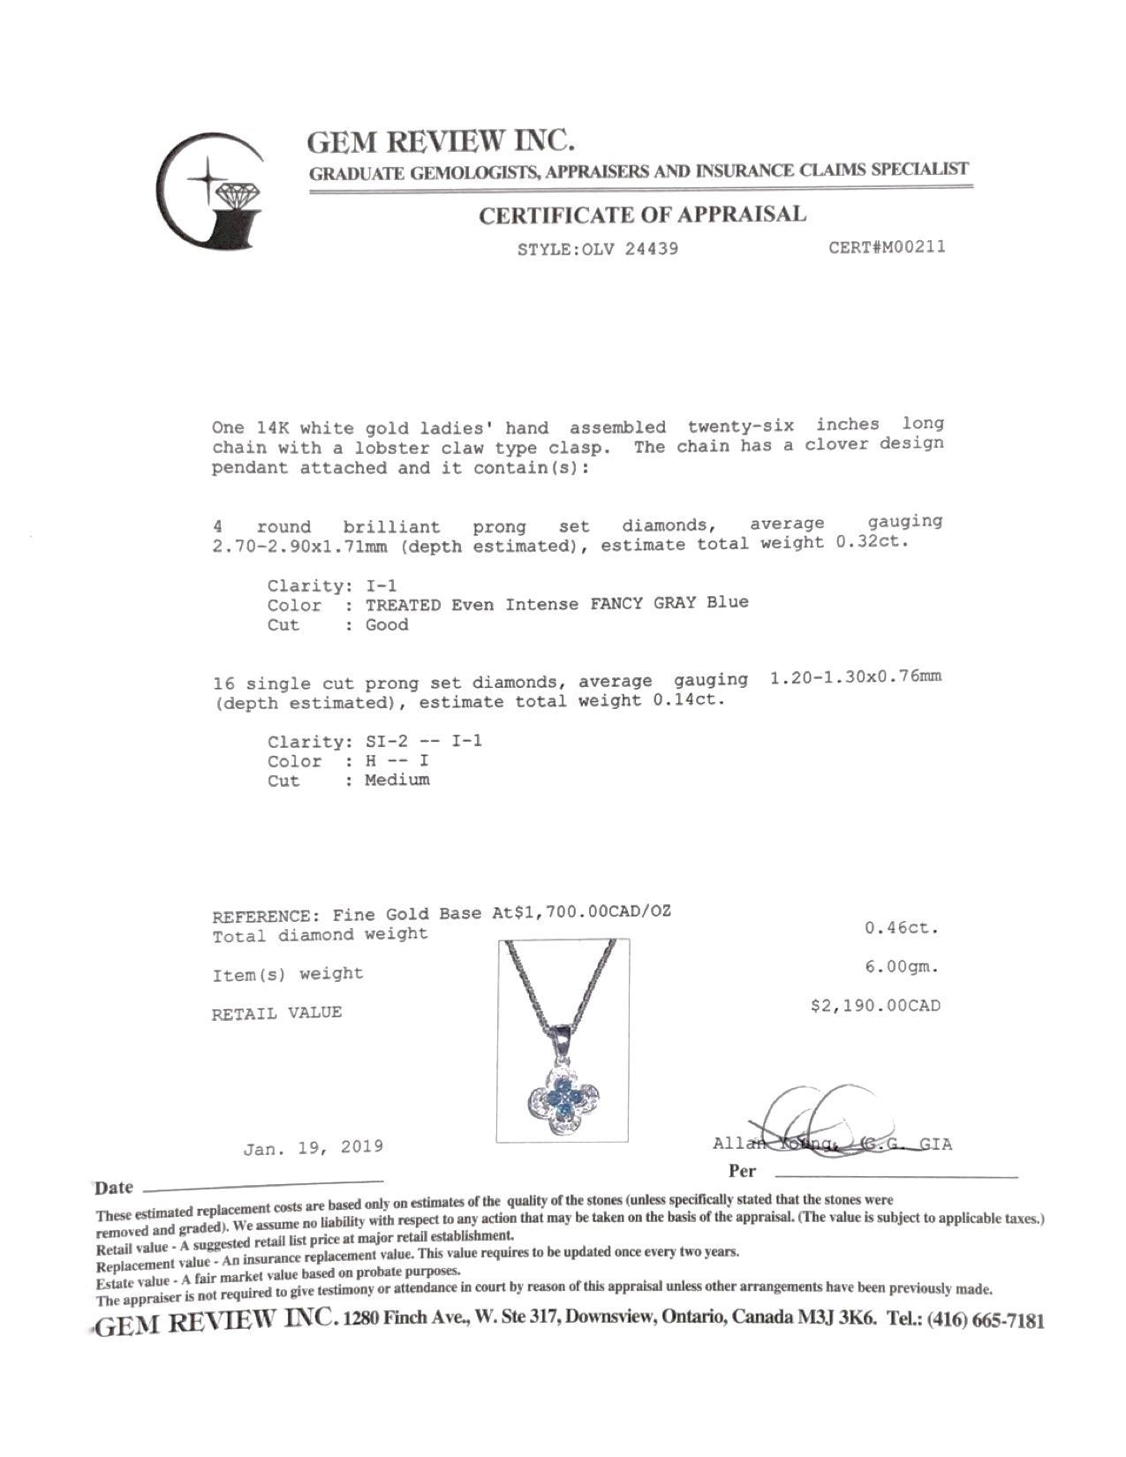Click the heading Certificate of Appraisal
pyautogui.click(x=642, y=215)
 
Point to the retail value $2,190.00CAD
pyautogui.click(x=875, y=1006)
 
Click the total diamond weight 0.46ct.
pyautogui.click(x=901, y=928)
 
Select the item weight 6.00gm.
pyautogui.click(x=901, y=967)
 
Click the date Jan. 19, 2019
pyautogui.click(x=314, y=1147)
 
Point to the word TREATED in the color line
pyautogui.click(x=404, y=605)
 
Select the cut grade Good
pyautogui.click(x=387, y=625)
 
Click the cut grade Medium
pyautogui.click(x=397, y=780)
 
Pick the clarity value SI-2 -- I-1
pyautogui.click(x=424, y=741)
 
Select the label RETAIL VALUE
pyautogui.click(x=276, y=1013)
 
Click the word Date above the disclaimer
pyautogui.click(x=114, y=1188)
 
